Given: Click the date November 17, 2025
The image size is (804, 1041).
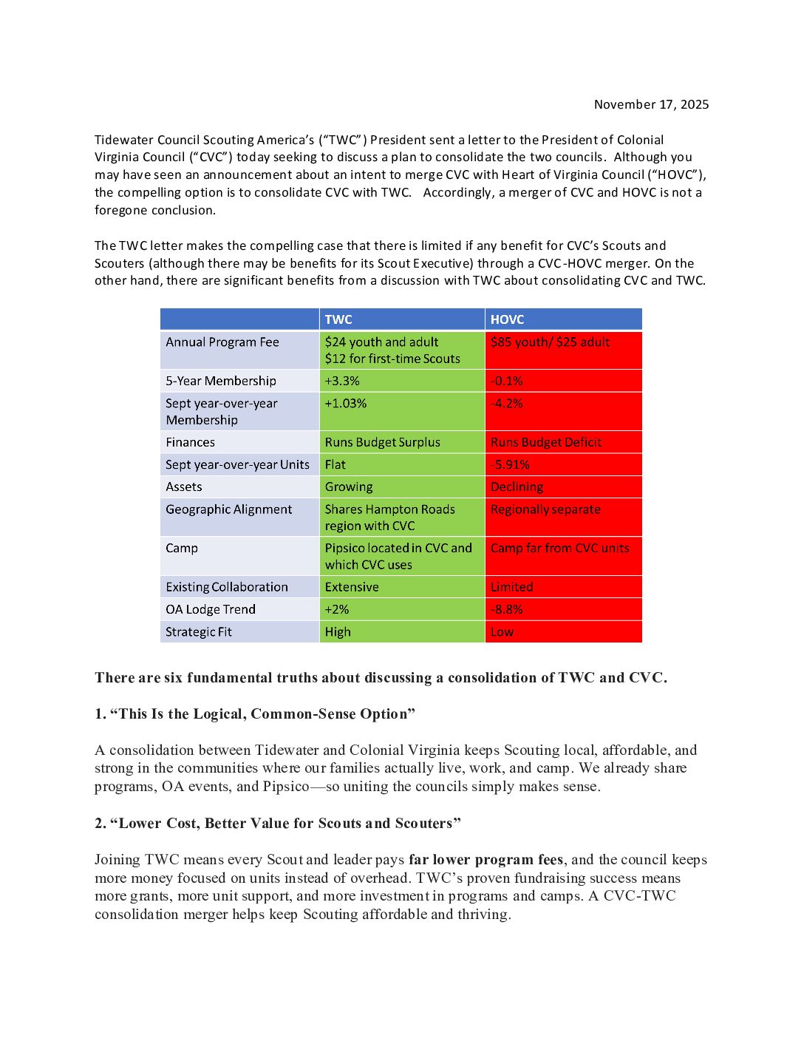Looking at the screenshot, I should [x=651, y=104].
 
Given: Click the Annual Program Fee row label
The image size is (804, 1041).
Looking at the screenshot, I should [x=222, y=342].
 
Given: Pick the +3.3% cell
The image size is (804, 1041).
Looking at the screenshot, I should [x=342, y=381].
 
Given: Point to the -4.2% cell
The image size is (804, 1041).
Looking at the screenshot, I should [x=507, y=404].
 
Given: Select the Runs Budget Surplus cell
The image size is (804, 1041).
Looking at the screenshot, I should [x=382, y=442].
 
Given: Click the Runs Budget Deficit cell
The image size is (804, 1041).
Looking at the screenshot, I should [x=546, y=442].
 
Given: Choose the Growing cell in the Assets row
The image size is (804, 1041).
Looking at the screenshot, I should [x=349, y=486].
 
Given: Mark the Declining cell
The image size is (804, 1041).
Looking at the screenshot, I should [x=517, y=486].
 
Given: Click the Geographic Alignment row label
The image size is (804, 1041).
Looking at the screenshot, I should [x=229, y=509].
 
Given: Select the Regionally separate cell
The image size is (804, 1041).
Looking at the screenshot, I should [x=545, y=509].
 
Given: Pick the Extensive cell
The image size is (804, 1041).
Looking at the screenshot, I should [x=352, y=587].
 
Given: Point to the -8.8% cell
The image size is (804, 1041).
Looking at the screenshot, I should [x=507, y=609].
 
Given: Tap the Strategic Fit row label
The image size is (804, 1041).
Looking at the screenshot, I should [x=199, y=632].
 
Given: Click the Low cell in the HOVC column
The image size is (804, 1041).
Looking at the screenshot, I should [x=502, y=632].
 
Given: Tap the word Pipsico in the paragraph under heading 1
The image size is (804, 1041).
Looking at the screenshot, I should [x=286, y=787].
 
